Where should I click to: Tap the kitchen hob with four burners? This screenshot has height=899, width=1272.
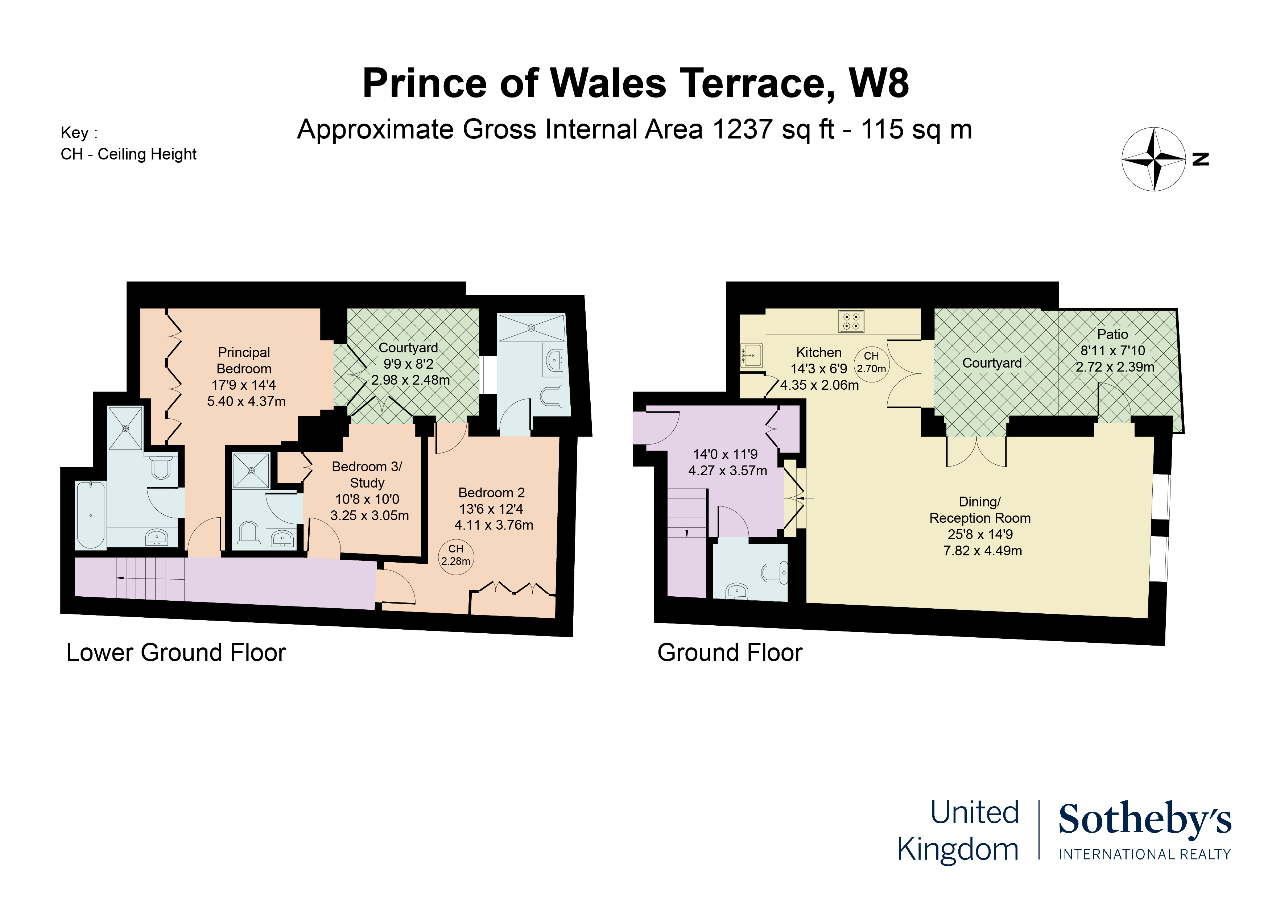851,321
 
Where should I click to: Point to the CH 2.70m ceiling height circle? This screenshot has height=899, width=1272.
871,363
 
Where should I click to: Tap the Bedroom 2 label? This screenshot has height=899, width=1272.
491,492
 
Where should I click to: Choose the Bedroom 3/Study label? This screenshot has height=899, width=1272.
367,475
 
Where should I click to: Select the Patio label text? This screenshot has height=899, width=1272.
1112,334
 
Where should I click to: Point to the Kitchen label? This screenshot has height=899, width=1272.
819,352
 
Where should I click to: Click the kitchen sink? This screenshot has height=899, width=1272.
752,355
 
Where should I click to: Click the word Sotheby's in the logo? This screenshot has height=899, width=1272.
1145,820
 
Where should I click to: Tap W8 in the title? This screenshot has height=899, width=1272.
879,83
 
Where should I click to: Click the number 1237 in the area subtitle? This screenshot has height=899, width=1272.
742,130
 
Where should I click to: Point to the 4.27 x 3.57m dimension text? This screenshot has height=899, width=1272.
727,471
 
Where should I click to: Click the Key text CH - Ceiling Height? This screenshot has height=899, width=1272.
128,154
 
